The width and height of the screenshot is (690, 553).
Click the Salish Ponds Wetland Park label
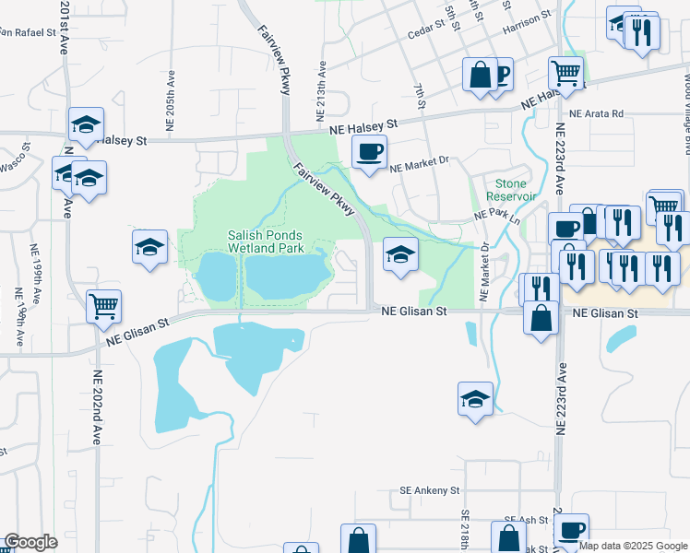pyautogui.click(x=266, y=241)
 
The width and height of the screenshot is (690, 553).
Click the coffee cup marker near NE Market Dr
pyautogui.click(x=369, y=152)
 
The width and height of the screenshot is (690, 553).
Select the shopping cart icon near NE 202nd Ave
pyautogui.click(x=104, y=306)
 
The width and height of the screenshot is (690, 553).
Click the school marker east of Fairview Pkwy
pyautogui.click(x=400, y=255)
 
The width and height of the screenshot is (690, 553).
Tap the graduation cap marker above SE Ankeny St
pyautogui.click(x=475, y=399)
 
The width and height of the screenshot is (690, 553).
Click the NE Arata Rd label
pyautogui.click(x=596, y=113)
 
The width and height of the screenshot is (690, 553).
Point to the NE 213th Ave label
pyautogui.click(x=323, y=82)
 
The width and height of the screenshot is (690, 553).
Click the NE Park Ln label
pyautogui.click(x=497, y=216)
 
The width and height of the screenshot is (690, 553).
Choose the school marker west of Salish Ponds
pyautogui.click(x=149, y=247)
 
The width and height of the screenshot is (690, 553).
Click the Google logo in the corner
pyautogui.click(x=30, y=542)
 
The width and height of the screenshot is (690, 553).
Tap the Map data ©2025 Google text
pyautogui.click(x=634, y=546)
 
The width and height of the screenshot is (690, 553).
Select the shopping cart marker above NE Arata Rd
pyautogui.click(x=565, y=73)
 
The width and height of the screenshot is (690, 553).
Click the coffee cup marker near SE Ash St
pyautogui.click(x=572, y=530)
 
